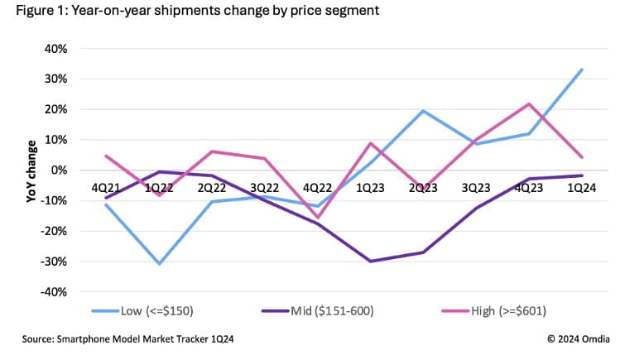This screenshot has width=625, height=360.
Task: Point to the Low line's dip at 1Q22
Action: pos(159,264)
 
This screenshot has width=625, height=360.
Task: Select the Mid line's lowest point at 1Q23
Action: pos(371,262)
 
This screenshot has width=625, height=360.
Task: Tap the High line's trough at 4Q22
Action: pos(318,218)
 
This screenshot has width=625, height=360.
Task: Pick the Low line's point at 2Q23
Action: pos(424,111)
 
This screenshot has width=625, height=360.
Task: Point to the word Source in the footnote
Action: pos(33,339)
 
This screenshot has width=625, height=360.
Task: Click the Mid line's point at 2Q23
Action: pos(424,252)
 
